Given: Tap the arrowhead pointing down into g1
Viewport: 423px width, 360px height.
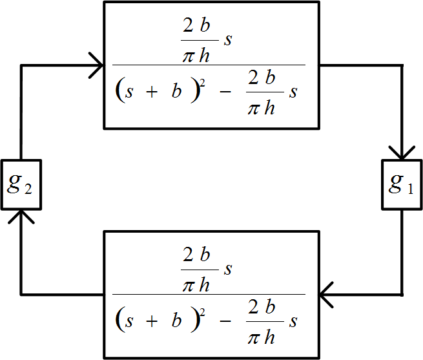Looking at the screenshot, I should [x=402, y=153].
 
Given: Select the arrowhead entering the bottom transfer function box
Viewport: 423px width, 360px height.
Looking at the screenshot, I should [x=327, y=294].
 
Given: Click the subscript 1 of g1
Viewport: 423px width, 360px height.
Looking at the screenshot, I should [x=411, y=189].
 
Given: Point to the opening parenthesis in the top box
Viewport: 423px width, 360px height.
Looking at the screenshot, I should [x=119, y=92].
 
